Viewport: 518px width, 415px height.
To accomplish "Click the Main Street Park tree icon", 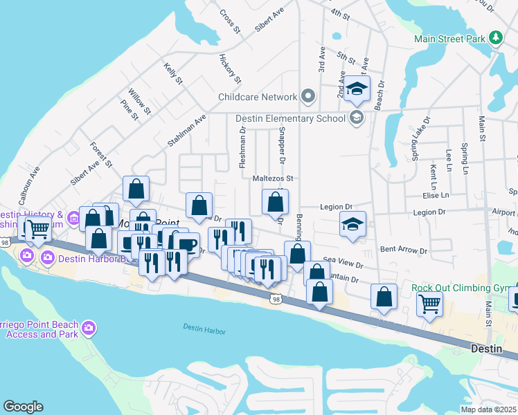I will tap(496, 38).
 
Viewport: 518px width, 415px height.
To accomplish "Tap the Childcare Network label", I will tap(258, 98).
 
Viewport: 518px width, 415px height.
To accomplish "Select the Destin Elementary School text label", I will tap(291, 118).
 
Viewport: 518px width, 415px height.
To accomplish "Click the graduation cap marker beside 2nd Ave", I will tap(357, 89).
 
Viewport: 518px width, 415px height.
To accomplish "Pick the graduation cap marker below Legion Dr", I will tap(352, 225).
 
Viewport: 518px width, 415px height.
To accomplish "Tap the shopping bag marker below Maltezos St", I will tap(276, 203).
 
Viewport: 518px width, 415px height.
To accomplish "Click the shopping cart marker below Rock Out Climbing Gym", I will tap(429, 303).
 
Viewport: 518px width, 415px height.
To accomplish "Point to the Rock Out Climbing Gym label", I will tap(460, 288).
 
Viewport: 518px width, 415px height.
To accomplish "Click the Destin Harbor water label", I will tap(204, 329).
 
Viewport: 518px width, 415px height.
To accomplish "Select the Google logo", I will tap(23, 407).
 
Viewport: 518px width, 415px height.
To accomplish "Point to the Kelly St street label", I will tap(173, 73).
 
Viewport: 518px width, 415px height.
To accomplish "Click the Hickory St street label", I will tap(229, 68).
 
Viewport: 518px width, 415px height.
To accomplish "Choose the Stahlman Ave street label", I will tap(187, 131).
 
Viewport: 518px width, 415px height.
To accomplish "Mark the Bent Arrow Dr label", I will tap(404, 249).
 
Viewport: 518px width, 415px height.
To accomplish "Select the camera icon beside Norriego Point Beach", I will tap(88, 327).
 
